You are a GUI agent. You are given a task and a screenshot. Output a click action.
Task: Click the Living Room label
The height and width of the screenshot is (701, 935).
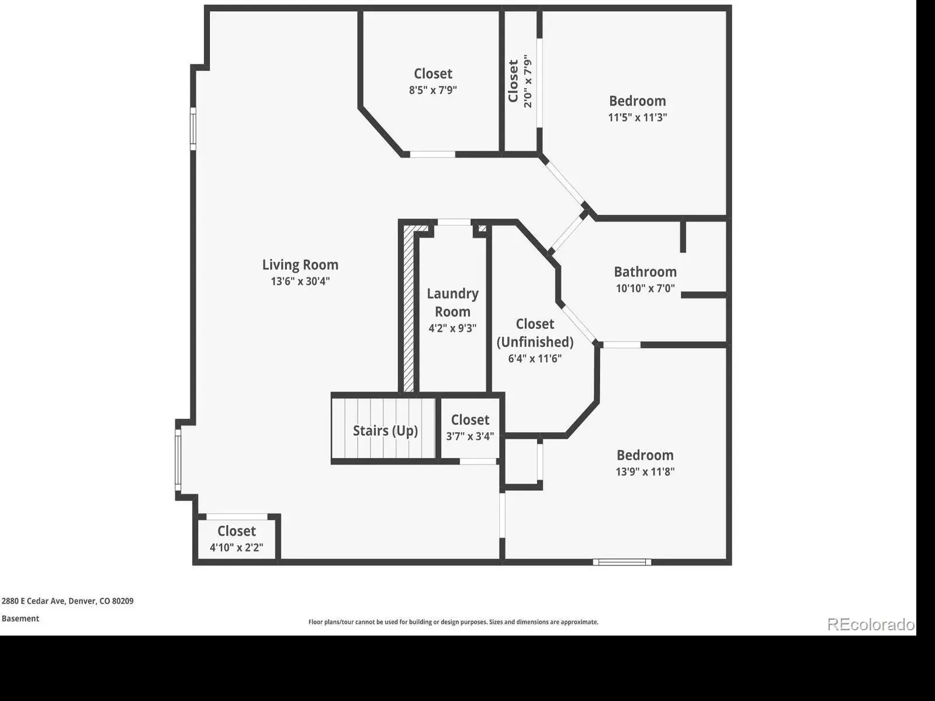pos(300,265)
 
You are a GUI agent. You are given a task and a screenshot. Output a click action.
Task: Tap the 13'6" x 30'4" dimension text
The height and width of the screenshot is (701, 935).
pos(300,282)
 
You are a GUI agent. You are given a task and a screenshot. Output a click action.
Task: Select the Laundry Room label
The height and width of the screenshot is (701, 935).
pos(452,303)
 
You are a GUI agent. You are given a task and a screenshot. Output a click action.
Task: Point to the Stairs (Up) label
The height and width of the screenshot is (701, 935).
pos(385,431)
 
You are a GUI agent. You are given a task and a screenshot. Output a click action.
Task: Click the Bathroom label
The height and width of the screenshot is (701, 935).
pos(645,272)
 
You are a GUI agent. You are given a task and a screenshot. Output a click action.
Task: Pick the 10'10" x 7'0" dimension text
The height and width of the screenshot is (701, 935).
pos(645,289)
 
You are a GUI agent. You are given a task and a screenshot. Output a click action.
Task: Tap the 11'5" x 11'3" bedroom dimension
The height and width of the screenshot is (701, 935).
pos(637,117)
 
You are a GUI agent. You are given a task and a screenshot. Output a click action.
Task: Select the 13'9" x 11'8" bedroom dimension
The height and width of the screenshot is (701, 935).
pos(645,471)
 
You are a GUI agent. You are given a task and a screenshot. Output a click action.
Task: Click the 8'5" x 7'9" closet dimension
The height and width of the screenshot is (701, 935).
pos(433,90)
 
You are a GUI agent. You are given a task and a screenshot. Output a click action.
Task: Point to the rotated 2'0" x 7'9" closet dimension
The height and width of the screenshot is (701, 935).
pos(528,81)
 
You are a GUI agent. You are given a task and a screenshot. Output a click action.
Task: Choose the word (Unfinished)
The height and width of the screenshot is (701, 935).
pos(535,342)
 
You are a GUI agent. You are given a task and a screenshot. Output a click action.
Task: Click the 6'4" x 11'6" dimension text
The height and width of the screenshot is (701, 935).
pos(535,358)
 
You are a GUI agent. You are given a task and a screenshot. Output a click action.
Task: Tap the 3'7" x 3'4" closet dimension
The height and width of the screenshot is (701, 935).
pos(470,436)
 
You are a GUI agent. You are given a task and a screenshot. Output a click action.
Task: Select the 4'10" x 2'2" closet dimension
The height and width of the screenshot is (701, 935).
pos(237,547)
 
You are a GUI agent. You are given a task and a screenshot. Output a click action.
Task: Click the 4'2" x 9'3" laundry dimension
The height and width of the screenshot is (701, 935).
pos(452,328)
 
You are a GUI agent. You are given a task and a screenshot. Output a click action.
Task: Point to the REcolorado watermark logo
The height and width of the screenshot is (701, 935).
pos(871,624)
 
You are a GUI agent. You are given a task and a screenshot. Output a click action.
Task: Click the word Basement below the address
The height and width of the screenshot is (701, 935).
pos(20,619)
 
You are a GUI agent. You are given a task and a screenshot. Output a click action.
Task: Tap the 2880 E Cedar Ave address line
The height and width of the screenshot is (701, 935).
pos(67,601)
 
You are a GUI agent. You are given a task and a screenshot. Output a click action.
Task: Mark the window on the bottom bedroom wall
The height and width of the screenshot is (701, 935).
pos(622,562)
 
